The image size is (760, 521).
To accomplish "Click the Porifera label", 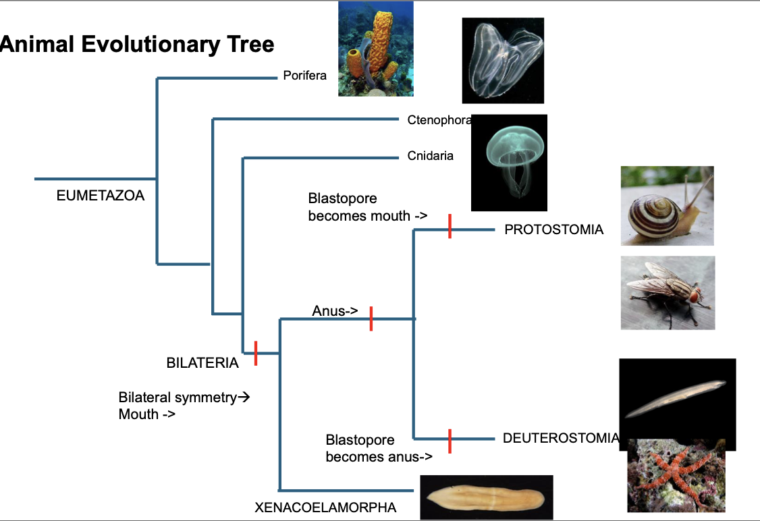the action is pyautogui.click(x=305, y=76).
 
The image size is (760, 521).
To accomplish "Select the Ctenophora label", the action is pyautogui.click(x=439, y=120).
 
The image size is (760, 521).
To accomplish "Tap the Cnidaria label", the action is pyautogui.click(x=431, y=156).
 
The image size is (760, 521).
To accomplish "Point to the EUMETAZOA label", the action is pyautogui.click(x=101, y=196).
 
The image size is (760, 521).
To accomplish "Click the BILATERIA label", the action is pyautogui.click(x=202, y=363).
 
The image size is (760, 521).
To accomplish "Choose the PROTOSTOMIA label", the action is pyautogui.click(x=554, y=229).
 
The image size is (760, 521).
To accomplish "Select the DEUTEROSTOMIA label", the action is pyautogui.click(x=562, y=438).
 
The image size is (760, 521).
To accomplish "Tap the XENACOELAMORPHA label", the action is pyautogui.click(x=326, y=508).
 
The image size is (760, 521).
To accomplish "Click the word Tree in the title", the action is pyautogui.click(x=251, y=44).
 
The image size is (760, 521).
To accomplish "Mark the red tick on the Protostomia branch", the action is pyautogui.click(x=450, y=226).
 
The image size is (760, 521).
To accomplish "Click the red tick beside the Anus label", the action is pyautogui.click(x=371, y=319).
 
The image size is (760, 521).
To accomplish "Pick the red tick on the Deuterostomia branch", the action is pyautogui.click(x=450, y=441).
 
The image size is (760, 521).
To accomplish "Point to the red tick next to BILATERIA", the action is pyautogui.click(x=256, y=354).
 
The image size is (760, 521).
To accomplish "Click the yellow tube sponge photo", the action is pyautogui.click(x=376, y=49).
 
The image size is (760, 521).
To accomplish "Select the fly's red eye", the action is pyautogui.click(x=695, y=295).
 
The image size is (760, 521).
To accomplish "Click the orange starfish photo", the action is pyautogui.click(x=676, y=475).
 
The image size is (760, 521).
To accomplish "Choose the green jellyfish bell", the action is pyautogui.click(x=515, y=143).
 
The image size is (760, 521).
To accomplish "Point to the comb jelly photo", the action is pyautogui.click(x=503, y=61).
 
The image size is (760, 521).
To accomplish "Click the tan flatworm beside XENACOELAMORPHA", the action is pyautogui.click(x=486, y=497).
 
